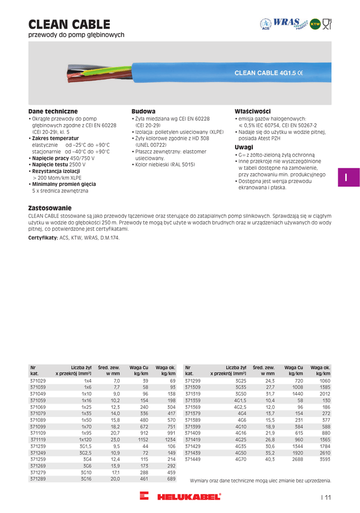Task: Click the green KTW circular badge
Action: point(315,24)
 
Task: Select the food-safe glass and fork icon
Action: point(327,23)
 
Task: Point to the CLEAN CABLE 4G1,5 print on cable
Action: point(272,73)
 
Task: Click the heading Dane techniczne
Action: point(53,111)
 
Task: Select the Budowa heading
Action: point(143,111)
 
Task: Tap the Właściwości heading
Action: point(252,111)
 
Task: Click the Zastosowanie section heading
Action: point(50,207)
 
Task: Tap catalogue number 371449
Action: point(193,458)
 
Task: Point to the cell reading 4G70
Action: point(241,458)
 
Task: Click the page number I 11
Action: point(326,497)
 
